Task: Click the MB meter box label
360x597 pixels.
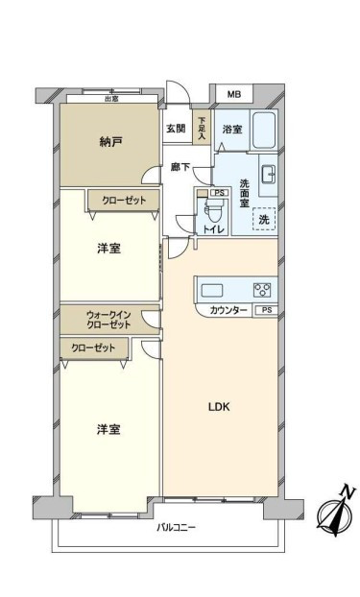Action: tap(234, 94)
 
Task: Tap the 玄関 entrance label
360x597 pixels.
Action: tap(176, 129)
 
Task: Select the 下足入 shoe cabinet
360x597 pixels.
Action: tap(202, 127)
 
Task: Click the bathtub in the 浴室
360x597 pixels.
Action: tap(265, 131)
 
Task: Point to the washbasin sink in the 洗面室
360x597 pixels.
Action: tap(269, 175)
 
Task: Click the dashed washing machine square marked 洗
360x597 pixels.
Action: tap(264, 219)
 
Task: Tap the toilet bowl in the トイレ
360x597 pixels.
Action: tap(210, 212)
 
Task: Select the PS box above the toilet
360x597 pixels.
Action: tap(220, 193)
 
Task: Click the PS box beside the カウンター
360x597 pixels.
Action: tap(266, 310)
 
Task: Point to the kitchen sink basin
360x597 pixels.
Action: tap(212, 290)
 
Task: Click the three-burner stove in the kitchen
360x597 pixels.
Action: tap(262, 290)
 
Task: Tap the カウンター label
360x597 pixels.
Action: tap(228, 311)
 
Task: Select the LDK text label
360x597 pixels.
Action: tap(219, 407)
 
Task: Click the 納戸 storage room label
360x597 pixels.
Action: tap(110, 142)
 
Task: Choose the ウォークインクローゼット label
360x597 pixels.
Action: tap(108, 320)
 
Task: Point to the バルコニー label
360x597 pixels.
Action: tap(176, 528)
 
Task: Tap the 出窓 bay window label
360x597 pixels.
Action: tap(111, 99)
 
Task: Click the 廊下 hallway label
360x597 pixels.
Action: tap(180, 167)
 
